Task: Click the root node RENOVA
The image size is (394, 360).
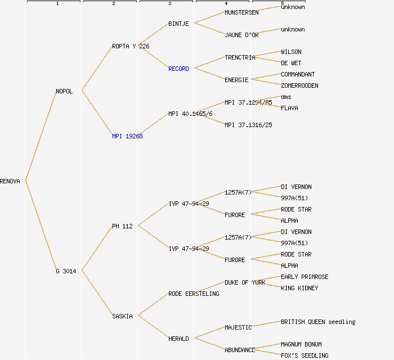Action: click(10, 181)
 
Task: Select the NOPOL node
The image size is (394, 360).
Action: click(64, 91)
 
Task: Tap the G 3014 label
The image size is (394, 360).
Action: click(66, 271)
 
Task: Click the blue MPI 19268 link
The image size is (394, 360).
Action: click(127, 136)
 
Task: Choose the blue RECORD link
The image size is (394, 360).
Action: click(178, 69)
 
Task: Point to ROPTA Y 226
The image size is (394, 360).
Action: click(131, 46)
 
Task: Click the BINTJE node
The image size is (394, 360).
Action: click(178, 24)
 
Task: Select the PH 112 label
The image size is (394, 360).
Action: click(122, 226)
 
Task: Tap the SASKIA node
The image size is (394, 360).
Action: click(122, 316)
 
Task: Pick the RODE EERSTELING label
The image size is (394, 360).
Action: click(194, 294)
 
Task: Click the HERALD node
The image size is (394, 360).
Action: click(178, 339)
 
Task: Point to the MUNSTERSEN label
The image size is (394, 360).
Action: click(241, 12)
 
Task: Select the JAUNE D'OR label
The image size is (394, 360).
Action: click(241, 35)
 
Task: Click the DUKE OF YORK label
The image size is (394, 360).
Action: click(245, 282)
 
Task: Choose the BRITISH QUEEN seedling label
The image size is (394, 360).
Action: click(318, 322)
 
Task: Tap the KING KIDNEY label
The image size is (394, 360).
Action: click(299, 288)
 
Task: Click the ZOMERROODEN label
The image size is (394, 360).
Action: click(299, 85)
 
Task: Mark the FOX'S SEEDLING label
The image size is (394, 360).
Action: click(305, 355)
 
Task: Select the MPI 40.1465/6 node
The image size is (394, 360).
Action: click(190, 114)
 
